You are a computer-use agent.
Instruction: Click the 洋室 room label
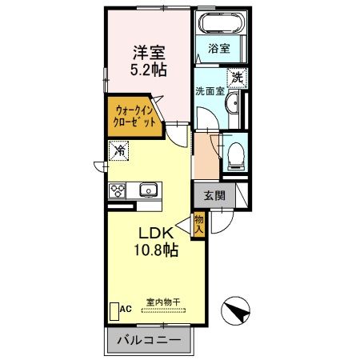pos(150,53)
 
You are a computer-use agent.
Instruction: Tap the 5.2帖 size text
pos(150,70)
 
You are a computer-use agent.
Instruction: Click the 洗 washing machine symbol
pos(237,77)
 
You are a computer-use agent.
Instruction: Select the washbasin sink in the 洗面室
pos(231,105)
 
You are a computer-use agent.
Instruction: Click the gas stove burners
pos(118,190)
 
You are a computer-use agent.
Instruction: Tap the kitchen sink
pos(148,190)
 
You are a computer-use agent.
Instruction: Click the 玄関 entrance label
pos(213,194)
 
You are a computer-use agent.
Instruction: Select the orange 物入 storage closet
pos(199,224)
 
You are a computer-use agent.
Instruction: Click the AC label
pos(125,309)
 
